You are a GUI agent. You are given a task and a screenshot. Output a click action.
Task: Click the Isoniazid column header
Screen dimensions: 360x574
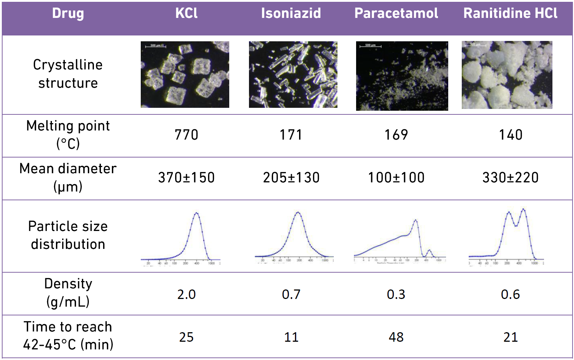[x=291, y=14]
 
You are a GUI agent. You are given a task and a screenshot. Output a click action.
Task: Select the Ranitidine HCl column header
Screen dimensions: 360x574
[x=510, y=14]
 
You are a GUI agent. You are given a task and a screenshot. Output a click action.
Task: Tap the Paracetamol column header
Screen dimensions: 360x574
[x=396, y=14]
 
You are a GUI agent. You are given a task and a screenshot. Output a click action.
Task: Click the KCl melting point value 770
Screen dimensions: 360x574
[x=186, y=135]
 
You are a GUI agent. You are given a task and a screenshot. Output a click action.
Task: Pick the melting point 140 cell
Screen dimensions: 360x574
[x=510, y=135]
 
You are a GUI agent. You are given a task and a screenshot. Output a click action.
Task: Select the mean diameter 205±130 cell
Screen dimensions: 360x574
[x=291, y=178]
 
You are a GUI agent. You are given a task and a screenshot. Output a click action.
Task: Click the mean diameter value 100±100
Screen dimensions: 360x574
[x=396, y=178]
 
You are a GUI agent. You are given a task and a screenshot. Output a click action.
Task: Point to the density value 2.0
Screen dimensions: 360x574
[x=186, y=294]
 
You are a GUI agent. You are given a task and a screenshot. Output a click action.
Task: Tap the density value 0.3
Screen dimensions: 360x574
[x=396, y=294]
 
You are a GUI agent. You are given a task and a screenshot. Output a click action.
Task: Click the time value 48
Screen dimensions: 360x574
[x=396, y=337]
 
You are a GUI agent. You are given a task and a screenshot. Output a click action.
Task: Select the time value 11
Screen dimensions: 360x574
[x=291, y=337]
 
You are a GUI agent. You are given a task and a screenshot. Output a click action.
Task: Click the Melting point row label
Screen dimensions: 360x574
[x=68, y=134]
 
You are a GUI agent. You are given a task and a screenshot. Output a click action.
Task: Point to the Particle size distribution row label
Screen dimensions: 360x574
[x=68, y=235]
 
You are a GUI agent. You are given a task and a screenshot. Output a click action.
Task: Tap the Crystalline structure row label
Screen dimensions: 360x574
[x=68, y=74]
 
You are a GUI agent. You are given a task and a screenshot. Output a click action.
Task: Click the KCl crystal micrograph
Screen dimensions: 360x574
[x=185, y=75]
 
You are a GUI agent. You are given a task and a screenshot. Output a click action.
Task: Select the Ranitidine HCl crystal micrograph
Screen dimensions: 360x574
[x=507, y=75]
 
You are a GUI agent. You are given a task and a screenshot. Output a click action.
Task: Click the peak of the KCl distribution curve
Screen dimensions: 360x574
[x=197, y=213]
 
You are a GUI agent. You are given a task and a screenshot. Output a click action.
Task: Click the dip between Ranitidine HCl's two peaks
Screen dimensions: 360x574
[x=516, y=226]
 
